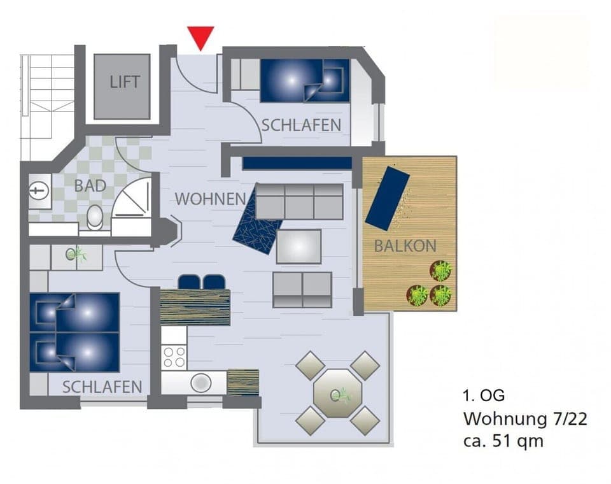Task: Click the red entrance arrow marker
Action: point(201,37)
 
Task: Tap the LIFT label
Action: point(124,83)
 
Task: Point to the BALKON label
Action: point(405,246)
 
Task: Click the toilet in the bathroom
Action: point(95,217)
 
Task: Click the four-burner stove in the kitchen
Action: point(174,357)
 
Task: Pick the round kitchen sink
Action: point(201,382)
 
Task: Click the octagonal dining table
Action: point(337,393)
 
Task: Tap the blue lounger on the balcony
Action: point(386,198)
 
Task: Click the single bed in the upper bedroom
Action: point(304,80)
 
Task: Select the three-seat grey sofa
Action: point(299,202)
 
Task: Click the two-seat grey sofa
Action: point(302,289)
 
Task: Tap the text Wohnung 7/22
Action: point(524,419)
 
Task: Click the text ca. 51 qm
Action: point(503,441)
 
